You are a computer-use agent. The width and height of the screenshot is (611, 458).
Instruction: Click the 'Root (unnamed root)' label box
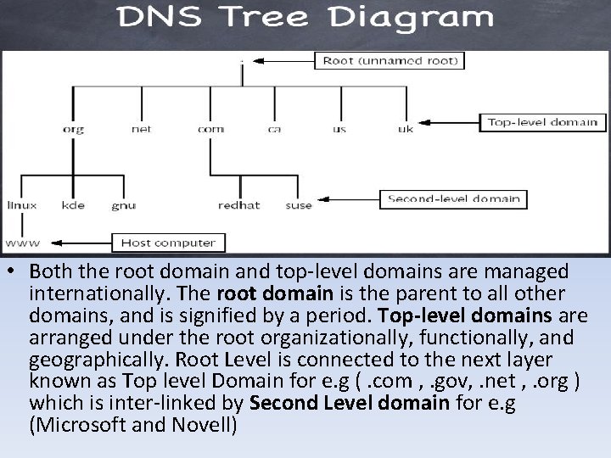[390, 60]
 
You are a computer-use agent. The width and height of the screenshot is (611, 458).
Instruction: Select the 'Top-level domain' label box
[541, 122]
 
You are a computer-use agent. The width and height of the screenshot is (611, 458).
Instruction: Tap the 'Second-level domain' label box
[452, 199]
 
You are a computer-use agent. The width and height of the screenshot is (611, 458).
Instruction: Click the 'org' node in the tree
[73, 130]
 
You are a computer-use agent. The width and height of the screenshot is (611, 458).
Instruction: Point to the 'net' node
[141, 130]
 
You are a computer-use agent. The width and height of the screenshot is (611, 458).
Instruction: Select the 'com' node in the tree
[210, 130]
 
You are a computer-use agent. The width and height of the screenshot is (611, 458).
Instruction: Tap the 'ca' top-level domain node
[274, 130]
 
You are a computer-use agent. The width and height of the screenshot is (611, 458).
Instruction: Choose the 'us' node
[339, 130]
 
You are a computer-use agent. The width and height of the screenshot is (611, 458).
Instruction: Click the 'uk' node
[405, 130]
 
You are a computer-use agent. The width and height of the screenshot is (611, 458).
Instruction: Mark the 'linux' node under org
[21, 205]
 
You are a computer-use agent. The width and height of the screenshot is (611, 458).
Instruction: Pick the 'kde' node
[73, 205]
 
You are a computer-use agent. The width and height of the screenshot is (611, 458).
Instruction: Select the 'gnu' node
[123, 205]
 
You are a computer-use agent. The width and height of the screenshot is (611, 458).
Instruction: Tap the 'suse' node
[298, 205]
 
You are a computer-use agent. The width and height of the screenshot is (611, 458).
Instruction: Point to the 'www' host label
[17, 243]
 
